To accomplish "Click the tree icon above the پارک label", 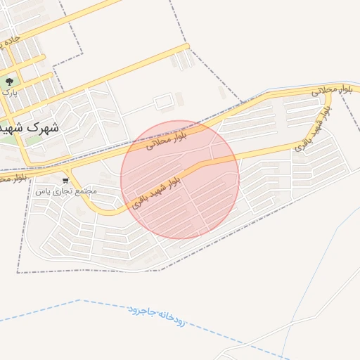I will pos(9,82).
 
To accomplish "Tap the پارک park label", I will pos(9,91).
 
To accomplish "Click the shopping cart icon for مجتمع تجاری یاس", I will pos(66,180).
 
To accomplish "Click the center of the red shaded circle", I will pos(180,179).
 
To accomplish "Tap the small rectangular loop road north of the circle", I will pos(163,101).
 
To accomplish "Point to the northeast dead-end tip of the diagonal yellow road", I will pos(187,46).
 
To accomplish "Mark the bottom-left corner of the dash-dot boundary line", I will pos(18,271).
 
